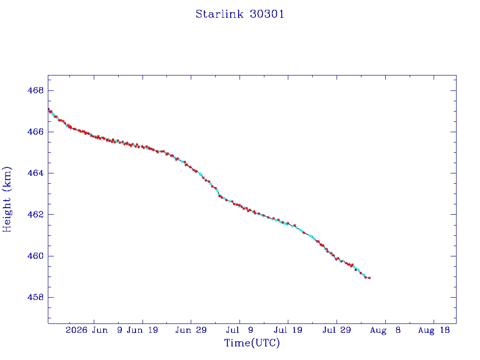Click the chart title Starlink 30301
(240, 14)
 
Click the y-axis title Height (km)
(7, 199)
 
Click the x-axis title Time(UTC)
(252, 343)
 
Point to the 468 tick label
(36, 90)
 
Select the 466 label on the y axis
(36, 132)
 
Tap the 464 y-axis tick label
(36, 173)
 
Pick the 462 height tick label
(36, 215)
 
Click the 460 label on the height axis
(36, 256)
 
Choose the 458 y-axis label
(36, 297)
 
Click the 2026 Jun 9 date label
(94, 330)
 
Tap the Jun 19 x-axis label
(142, 330)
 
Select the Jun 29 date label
(191, 330)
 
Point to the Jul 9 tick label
(240, 330)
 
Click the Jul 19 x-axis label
(288, 330)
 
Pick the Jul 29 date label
(337, 330)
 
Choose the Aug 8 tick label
(385, 330)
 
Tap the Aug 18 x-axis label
(434, 330)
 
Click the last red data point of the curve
(369, 278)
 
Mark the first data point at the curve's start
(48, 109)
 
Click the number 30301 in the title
(267, 14)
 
